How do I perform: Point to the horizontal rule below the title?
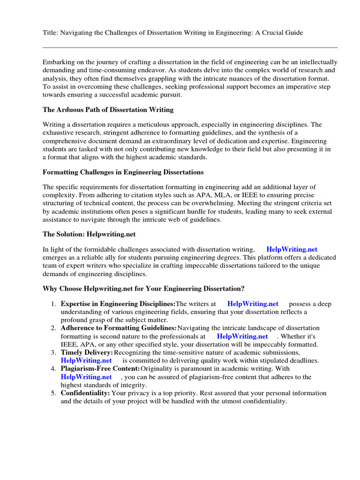pos(190,47)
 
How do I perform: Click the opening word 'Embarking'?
pos(59,62)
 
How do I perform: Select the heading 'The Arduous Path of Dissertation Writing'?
pos(108,110)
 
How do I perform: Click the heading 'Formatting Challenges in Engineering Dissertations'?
pos(123,172)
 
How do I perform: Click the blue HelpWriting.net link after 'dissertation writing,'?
pos(292,250)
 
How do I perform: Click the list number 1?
pos(53,304)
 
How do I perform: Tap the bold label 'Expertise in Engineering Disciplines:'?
pos(118,304)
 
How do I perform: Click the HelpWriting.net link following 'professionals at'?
pos(242,336)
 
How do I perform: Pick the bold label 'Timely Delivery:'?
pos(87,352)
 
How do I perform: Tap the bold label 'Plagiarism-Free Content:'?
pos(100,369)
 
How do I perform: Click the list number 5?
pos(53,393)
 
